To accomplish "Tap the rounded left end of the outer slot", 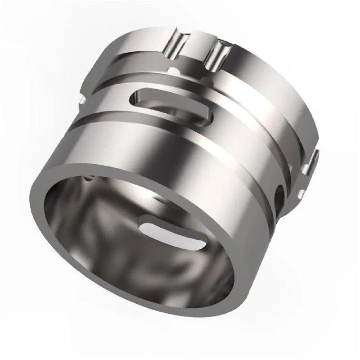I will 135,95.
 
